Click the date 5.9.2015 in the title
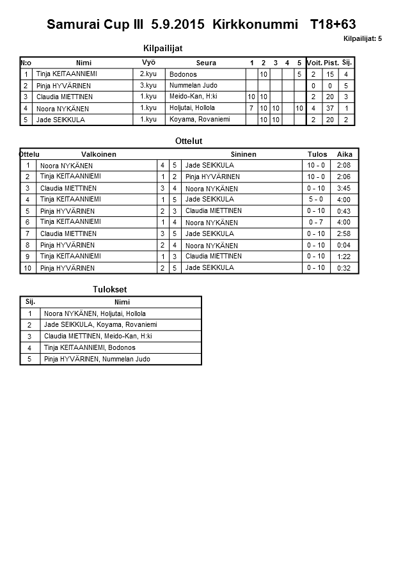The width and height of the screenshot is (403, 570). (x=178, y=25)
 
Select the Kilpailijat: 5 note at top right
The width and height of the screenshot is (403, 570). (x=362, y=39)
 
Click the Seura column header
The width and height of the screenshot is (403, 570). (x=206, y=63)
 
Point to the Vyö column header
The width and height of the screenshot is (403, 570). (x=148, y=63)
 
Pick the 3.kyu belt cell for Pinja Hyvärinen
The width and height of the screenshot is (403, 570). (x=148, y=85)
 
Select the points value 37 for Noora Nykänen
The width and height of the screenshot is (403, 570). (x=331, y=108)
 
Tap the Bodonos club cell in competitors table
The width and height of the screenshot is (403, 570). (x=184, y=74)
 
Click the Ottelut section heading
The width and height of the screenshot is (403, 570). (x=188, y=141)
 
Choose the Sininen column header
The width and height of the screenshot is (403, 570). (x=243, y=154)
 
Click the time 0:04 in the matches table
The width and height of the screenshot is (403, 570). (x=344, y=245)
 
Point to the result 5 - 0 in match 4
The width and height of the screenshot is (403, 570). (x=316, y=200)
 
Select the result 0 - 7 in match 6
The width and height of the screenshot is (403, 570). (x=316, y=222)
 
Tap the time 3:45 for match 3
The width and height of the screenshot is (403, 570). (x=344, y=188)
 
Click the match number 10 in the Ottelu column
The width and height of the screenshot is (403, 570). (x=28, y=268)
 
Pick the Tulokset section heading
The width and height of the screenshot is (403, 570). (x=106, y=290)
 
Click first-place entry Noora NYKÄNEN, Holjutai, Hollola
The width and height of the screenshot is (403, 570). (x=95, y=314)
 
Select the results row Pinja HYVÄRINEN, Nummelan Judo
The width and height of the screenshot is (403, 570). (x=97, y=359)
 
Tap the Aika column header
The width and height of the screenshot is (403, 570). (x=345, y=154)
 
